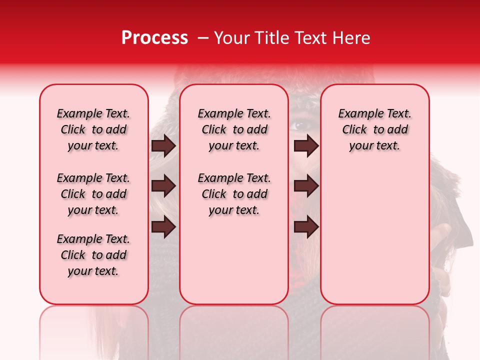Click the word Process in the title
coord(154,38)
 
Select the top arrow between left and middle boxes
coord(163,145)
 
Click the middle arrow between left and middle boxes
coord(163,186)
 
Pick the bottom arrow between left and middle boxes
coord(163,227)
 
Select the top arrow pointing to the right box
coord(306,145)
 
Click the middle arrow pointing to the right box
coord(306,186)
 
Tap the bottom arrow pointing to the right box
coord(306,227)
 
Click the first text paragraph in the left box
coord(93,129)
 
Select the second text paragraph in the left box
coord(93,194)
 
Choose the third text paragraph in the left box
coord(93,255)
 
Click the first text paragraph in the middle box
coord(234,129)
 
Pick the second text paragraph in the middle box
coord(234,194)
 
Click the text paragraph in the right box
coord(374,129)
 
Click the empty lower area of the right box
coord(374,240)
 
